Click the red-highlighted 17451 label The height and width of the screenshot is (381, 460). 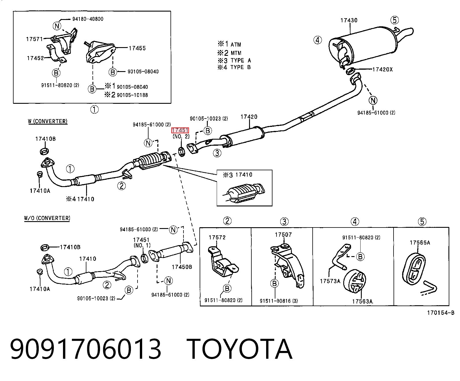point(180,130)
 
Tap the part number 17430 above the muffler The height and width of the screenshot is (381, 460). point(349,20)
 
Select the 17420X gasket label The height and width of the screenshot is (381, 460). point(383,69)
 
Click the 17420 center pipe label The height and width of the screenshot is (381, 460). point(249,116)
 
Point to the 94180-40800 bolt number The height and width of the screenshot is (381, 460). point(88,19)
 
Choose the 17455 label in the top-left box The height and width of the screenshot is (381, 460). point(137,48)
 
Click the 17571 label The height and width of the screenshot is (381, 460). point(34,39)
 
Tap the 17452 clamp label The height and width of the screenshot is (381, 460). point(35,58)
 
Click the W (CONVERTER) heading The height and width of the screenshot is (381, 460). point(48,121)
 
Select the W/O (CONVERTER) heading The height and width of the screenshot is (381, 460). point(47,218)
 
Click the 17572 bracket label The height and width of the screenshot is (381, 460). point(217,237)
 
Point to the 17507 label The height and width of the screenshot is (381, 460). point(283,235)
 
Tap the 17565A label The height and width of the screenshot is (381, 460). point(420,243)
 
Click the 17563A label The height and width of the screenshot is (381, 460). point(363,301)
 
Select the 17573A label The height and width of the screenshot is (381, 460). point(330,281)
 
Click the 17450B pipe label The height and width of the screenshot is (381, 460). point(182,267)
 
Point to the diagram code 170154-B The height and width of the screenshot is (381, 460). point(441,313)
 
